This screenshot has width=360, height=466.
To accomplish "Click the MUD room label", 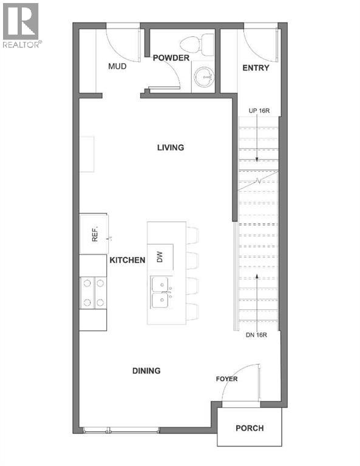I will click(x=117, y=66).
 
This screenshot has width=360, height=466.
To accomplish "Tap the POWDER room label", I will click(x=171, y=58).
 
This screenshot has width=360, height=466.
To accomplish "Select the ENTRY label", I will click(x=256, y=68).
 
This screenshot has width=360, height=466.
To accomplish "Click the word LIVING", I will click(x=170, y=147).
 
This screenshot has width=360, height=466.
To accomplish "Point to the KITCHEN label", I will click(x=127, y=260).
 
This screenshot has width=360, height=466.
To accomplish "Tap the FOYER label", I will click(x=226, y=379).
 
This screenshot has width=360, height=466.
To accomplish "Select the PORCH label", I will click(x=250, y=428).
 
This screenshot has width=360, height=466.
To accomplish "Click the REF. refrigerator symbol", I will click(x=94, y=234).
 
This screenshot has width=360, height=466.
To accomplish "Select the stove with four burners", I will click(x=93, y=292).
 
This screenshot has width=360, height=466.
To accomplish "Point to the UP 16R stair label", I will click(x=259, y=110).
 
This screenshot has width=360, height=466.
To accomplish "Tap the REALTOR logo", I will click(x=21, y=25).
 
